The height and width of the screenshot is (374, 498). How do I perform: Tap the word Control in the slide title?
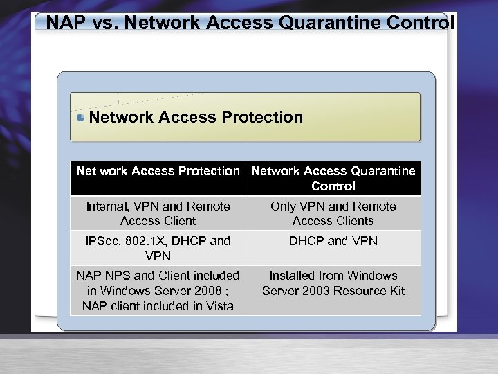[x=421, y=23]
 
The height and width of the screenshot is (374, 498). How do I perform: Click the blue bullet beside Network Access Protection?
[x=81, y=117]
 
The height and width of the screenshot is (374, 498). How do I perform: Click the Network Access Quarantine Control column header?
[x=333, y=178]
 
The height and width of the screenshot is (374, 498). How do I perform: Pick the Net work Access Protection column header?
[x=158, y=171]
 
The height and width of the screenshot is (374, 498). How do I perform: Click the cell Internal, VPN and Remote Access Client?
[x=158, y=213]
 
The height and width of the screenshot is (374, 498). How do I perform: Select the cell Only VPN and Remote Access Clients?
[x=333, y=213]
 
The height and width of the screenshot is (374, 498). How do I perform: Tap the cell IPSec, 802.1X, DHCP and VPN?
[x=158, y=248]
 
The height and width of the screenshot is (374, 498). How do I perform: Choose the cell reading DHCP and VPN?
[x=333, y=241]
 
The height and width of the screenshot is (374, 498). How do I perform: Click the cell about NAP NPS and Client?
[x=158, y=290]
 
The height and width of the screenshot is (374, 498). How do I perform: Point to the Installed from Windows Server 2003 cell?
[x=333, y=283]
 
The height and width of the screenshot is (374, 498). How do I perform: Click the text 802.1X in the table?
[x=140, y=241]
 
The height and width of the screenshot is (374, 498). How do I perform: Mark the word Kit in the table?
[x=396, y=290]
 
